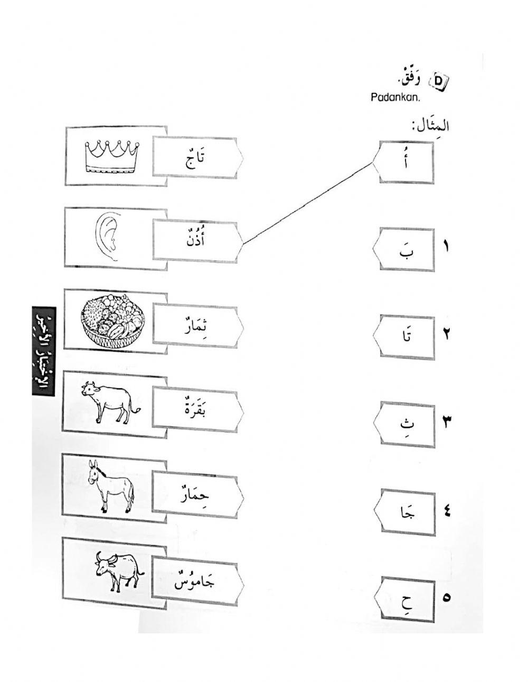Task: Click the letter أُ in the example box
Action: tap(405, 162)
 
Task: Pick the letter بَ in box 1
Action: tap(406, 249)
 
